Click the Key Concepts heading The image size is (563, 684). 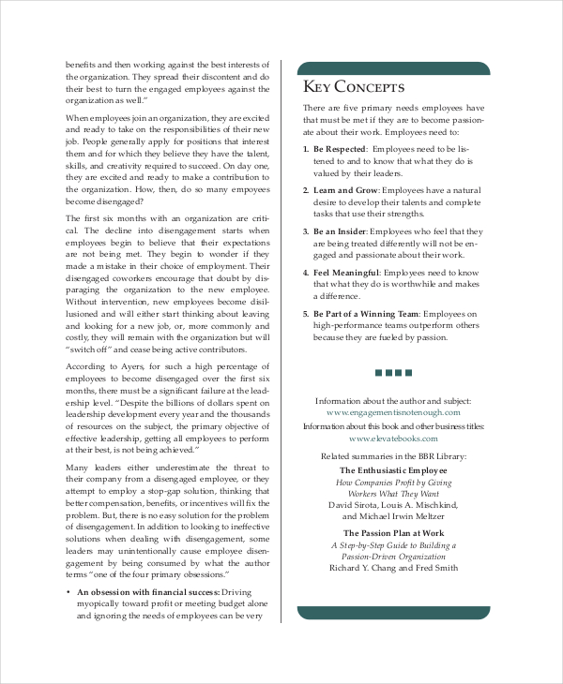click(353, 87)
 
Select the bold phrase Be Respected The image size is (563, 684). click(341, 149)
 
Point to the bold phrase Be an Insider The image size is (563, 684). click(339, 231)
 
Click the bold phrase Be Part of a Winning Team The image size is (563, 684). click(366, 314)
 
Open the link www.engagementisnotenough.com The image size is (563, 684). click(393, 411)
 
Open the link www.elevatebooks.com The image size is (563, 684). click(393, 438)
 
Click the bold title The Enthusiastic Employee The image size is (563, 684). click(393, 469)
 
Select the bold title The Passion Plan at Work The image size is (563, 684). click(393, 531)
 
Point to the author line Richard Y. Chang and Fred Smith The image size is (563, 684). click(393, 567)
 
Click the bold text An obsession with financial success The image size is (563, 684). click(147, 593)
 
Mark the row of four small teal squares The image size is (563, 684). click(393, 372)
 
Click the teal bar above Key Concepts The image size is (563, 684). click(393, 67)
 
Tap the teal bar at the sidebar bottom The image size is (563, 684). click(393, 613)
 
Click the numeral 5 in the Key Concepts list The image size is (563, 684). click(305, 314)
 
